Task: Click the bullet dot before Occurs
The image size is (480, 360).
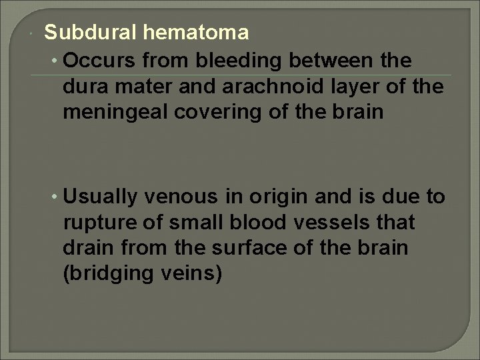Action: click(x=53, y=61)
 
